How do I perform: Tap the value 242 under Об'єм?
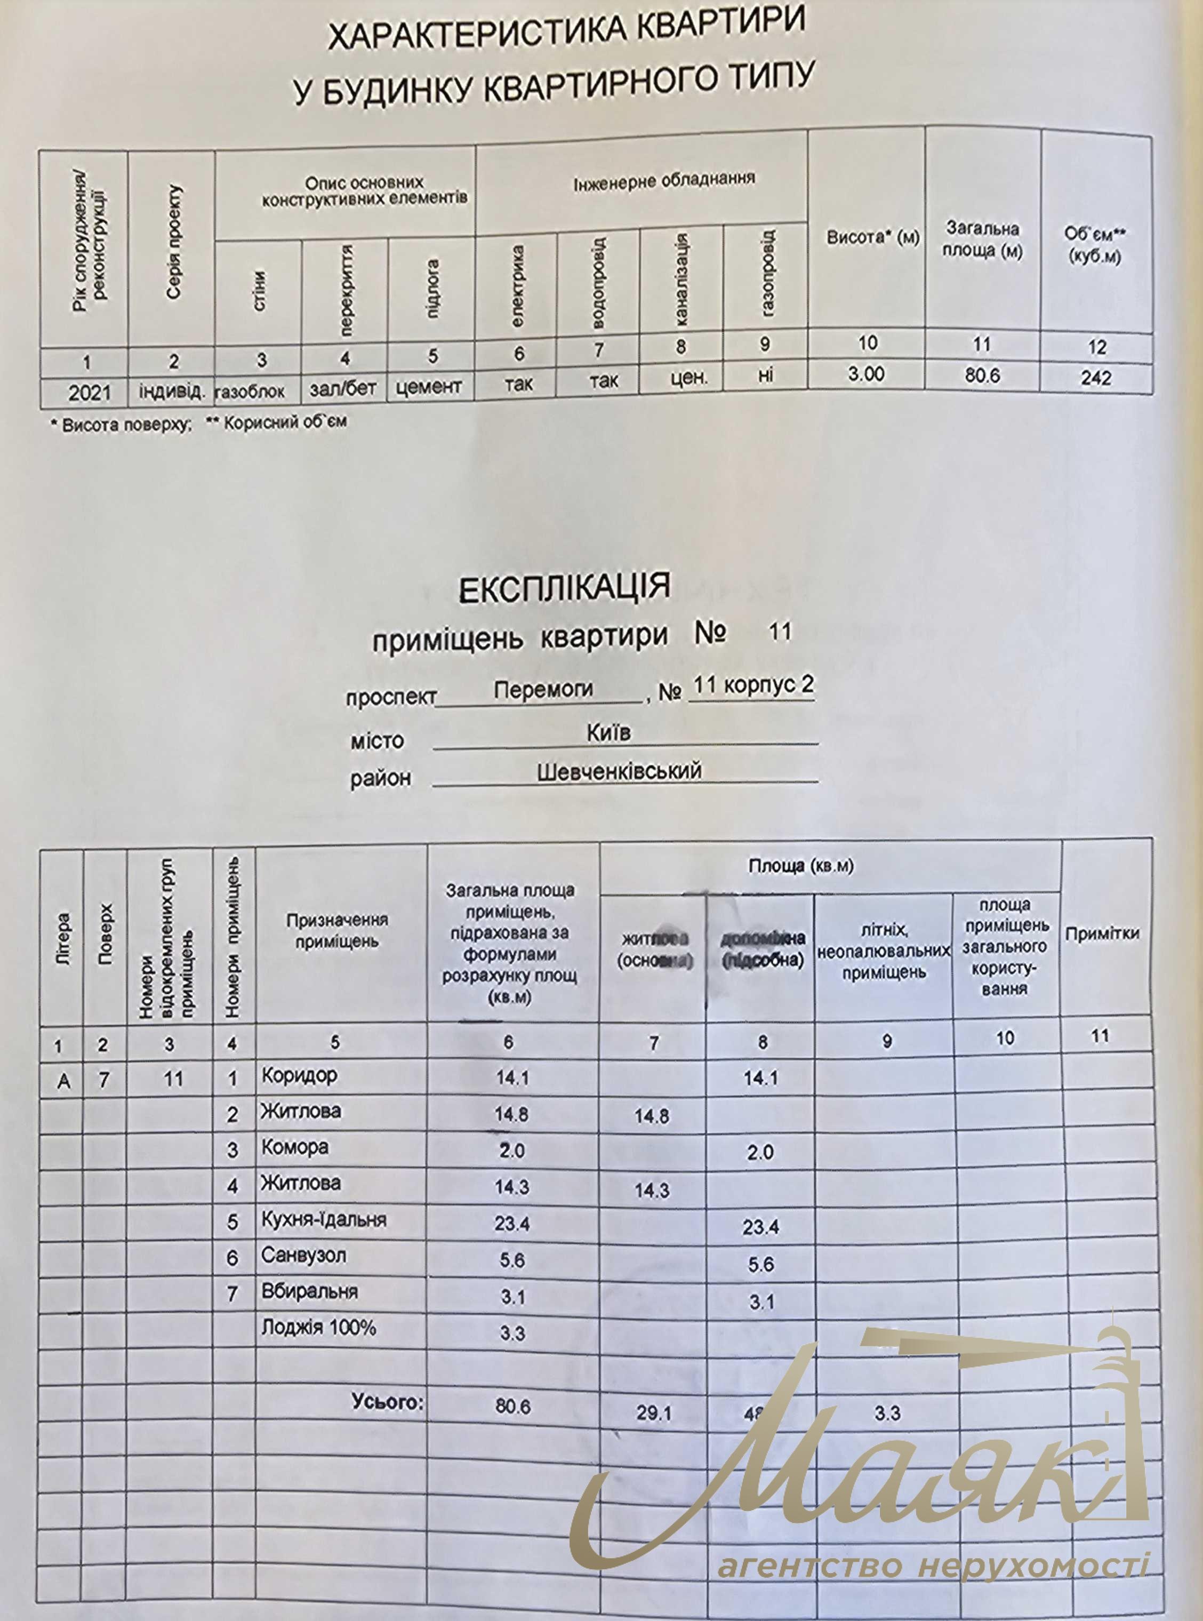1096,377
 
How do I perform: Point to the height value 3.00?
866,374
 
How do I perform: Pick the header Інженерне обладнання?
663,179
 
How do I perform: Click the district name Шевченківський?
619,771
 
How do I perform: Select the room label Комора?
295,1146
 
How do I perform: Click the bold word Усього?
388,1401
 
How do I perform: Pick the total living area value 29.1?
653,1414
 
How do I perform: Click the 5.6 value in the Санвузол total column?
512,1259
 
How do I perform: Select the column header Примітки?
1102,933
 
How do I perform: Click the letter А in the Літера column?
63,1081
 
